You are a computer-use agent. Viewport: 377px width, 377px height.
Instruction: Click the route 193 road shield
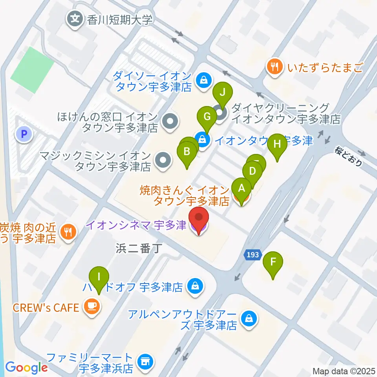click(253, 255)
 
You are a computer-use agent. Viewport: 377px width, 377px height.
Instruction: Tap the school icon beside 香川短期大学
click(75, 18)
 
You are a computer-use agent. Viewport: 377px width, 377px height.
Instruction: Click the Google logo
click(26, 367)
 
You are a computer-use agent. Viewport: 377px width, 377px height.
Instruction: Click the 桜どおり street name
click(349, 156)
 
